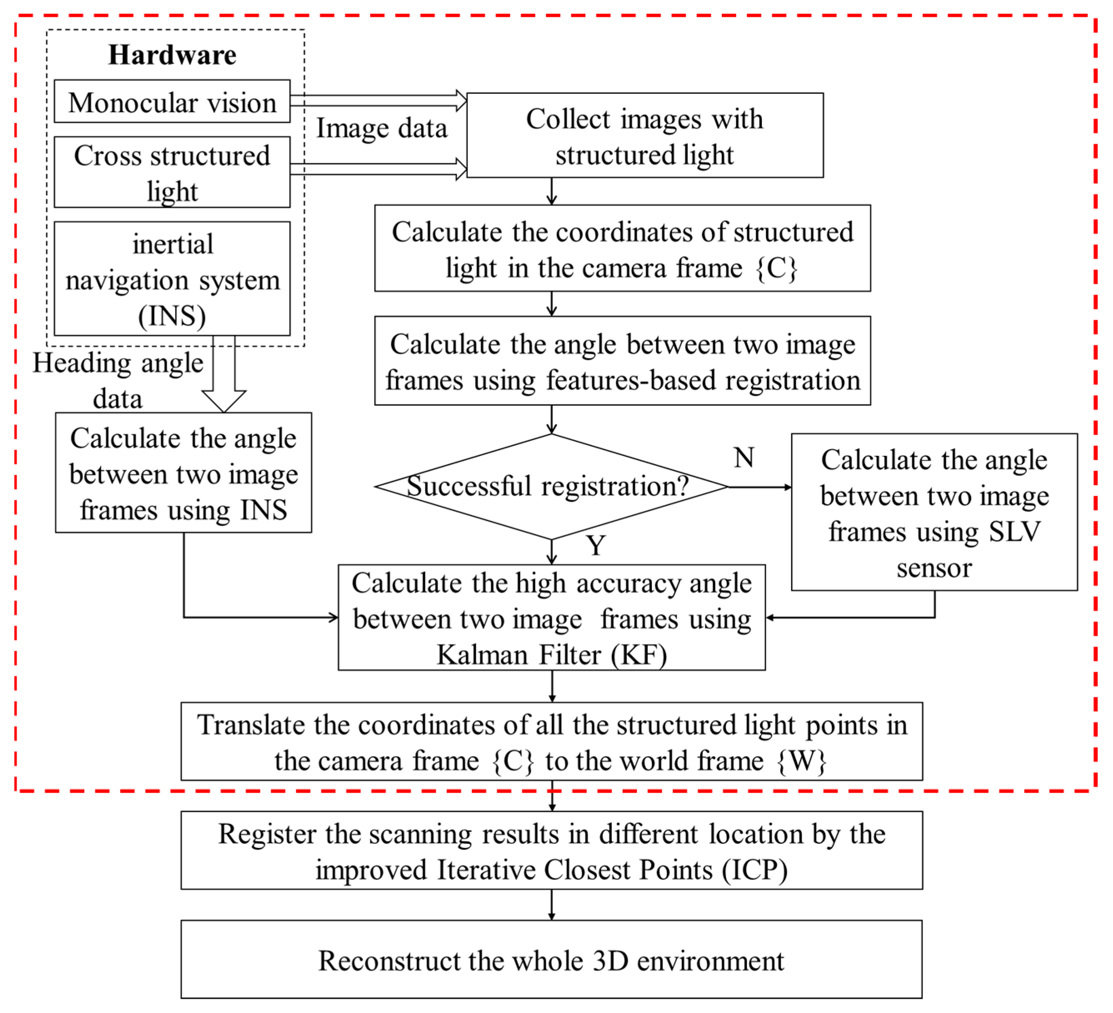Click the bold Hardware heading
pyautogui.click(x=172, y=55)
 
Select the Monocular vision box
pyautogui.click(x=172, y=102)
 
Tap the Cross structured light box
pyautogui.click(x=172, y=173)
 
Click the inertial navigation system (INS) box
pyautogui.click(x=172, y=279)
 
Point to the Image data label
pyautogui.click(x=382, y=128)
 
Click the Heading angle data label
pyautogui.click(x=117, y=380)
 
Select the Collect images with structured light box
pyautogui.click(x=644, y=135)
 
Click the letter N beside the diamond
pyautogui.click(x=744, y=458)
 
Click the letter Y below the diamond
pyautogui.click(x=596, y=546)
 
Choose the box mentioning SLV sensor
pyautogui.click(x=934, y=512)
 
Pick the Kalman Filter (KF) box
pyautogui.click(x=552, y=618)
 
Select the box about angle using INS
pyautogui.click(x=183, y=473)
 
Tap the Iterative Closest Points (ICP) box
pyautogui.click(x=551, y=850)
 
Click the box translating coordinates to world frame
pyautogui.click(x=551, y=742)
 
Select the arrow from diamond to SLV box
pyautogui.click(x=759, y=487)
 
